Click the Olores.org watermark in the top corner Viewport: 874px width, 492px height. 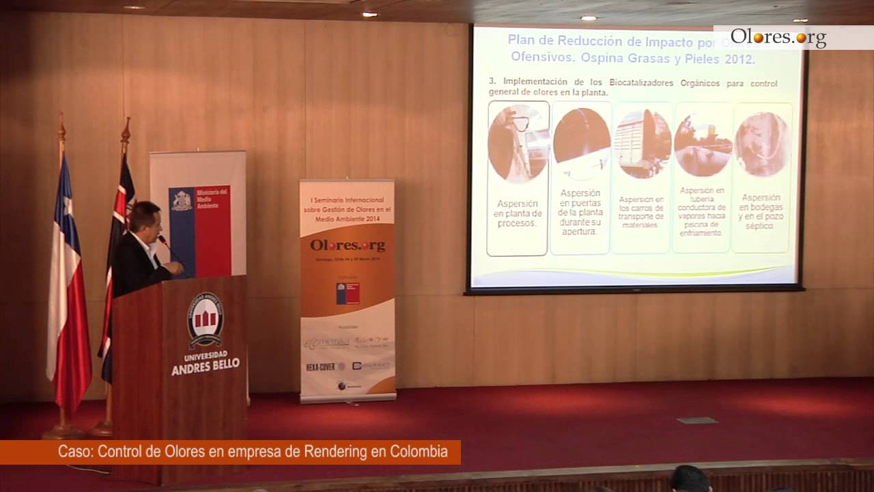click(x=778, y=37)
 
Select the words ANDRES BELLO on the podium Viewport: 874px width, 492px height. click(x=205, y=364)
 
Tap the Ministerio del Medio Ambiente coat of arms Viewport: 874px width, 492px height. click(x=182, y=200)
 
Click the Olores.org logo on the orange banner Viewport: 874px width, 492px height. click(x=348, y=245)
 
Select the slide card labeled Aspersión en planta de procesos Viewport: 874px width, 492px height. click(x=518, y=178)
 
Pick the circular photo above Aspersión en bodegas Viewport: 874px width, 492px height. click(x=762, y=144)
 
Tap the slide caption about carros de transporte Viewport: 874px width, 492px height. click(x=641, y=212)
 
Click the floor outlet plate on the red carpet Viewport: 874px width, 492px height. click(x=697, y=420)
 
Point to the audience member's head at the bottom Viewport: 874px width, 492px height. click(x=690, y=479)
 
